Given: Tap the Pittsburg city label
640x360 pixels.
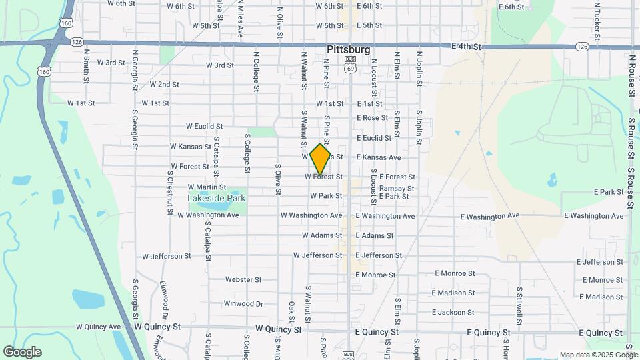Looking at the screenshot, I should coord(349,50).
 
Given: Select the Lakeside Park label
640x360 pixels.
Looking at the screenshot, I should coord(217,198).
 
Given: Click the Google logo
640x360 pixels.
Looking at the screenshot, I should coord(22,352).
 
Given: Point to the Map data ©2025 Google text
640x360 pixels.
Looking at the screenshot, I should coord(598,355).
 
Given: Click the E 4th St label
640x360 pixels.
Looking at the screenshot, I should coord(466,47).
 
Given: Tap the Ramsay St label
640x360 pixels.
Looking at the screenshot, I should coord(397,189).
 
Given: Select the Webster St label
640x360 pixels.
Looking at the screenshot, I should coord(243,280).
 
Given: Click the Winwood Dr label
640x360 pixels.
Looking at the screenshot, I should coord(243,303).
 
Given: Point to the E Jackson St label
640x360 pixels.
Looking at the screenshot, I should coord(453,312).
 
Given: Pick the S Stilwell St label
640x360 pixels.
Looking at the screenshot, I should coord(519,304).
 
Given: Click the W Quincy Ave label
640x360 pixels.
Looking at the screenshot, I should coord(99,327).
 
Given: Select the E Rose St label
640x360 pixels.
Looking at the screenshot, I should coord(372,118).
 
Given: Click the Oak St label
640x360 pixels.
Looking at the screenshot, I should coord(292,310).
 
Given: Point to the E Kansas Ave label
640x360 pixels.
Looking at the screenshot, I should coord(379,157).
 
